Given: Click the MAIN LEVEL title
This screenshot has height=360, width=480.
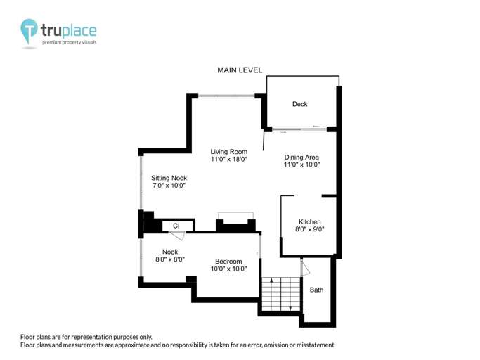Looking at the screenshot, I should [x=240, y=70].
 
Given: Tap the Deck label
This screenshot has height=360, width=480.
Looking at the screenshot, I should [x=300, y=105].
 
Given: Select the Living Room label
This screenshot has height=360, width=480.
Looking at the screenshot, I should [x=229, y=151].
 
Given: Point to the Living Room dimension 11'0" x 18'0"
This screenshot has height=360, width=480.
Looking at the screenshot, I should [x=229, y=160].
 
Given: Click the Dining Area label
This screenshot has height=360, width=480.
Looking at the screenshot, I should [x=301, y=157].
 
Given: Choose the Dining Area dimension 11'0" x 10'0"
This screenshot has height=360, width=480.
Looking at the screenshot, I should [x=301, y=165].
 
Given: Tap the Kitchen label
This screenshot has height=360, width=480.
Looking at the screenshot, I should [x=309, y=221].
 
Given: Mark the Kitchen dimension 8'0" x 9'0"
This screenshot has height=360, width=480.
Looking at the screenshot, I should [x=309, y=230].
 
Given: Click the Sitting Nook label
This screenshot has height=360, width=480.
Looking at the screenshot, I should [x=169, y=178].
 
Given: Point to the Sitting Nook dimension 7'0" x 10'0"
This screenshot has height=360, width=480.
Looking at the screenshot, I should [x=169, y=186].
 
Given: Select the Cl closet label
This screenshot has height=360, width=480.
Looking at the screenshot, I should [x=176, y=226].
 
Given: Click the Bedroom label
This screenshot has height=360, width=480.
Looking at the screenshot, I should [x=228, y=262].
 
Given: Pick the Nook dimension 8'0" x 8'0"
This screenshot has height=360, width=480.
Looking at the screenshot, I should [x=169, y=259].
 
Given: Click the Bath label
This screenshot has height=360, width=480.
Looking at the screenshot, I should [x=317, y=290].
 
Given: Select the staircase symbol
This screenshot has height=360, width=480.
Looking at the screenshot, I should [x=280, y=293].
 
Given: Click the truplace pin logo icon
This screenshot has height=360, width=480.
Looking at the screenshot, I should [x=30, y=31].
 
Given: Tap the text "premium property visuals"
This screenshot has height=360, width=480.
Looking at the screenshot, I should [x=69, y=43].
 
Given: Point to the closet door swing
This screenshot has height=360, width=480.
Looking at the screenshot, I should [x=178, y=236].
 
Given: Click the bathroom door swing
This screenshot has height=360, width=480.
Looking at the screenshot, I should [x=305, y=269].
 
